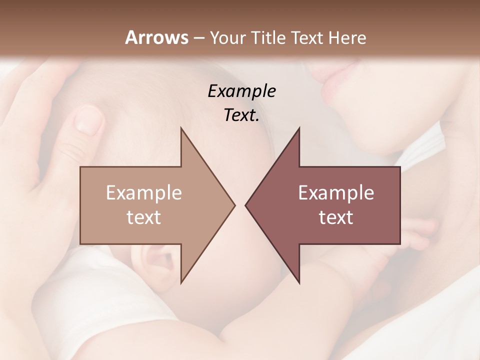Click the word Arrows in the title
coord(156,37)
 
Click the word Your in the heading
coord(226,37)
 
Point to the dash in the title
coord(198,38)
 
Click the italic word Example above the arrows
coord(241,91)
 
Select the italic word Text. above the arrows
coord(241,115)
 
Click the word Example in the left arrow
coord(144,192)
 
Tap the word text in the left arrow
coord(144,217)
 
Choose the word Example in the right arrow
coord(336,192)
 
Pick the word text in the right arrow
coord(336,217)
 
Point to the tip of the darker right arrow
coord(246,205)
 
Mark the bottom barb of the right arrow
coord(298,280)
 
